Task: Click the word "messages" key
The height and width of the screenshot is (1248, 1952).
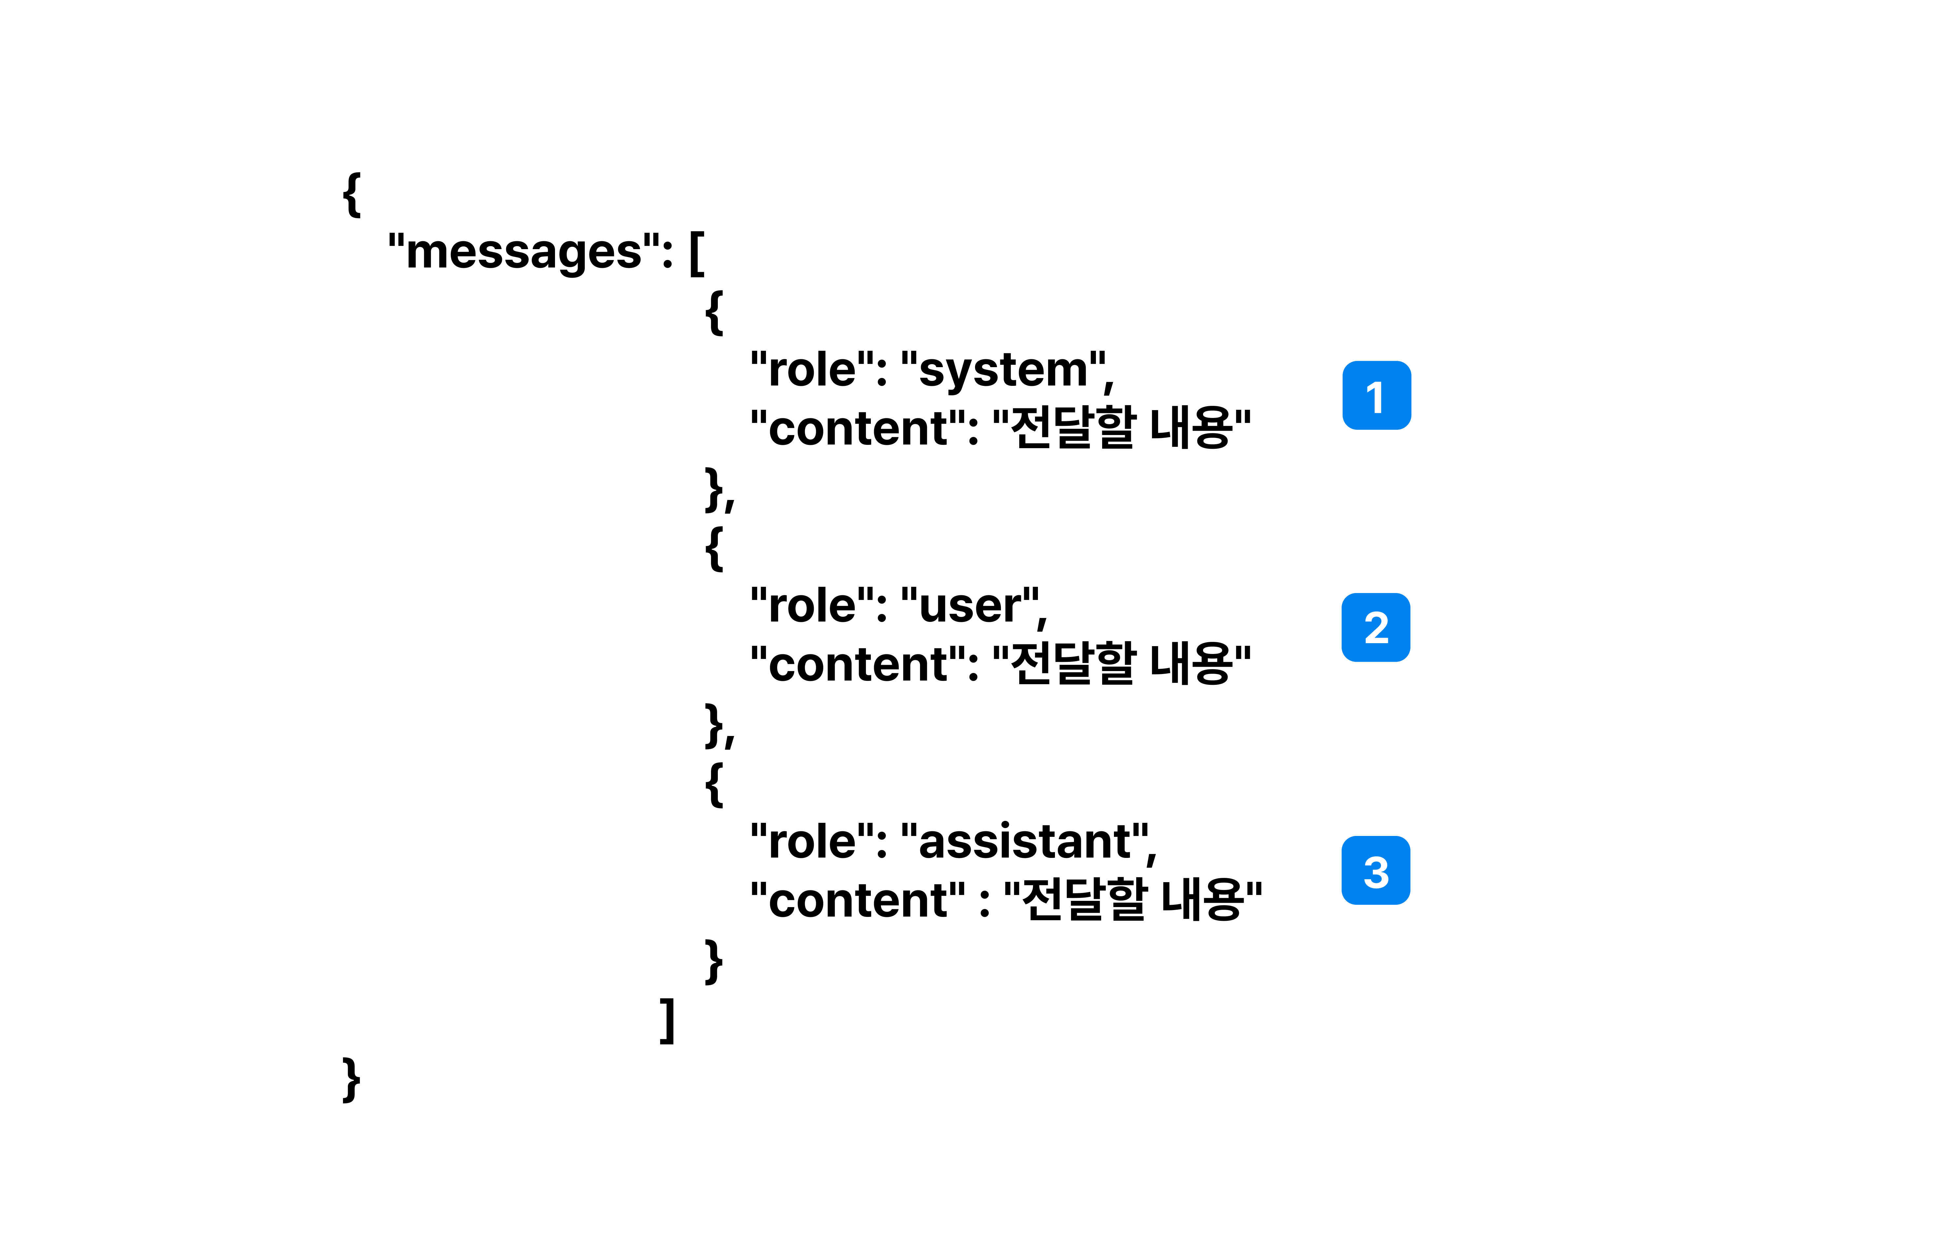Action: (524, 252)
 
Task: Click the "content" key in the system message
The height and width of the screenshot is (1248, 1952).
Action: (858, 429)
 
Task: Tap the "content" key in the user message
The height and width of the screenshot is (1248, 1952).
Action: (858, 665)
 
